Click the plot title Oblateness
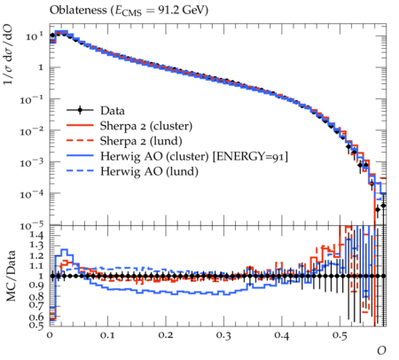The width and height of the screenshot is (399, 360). coord(78,10)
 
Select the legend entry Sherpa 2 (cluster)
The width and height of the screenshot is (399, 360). coord(146,126)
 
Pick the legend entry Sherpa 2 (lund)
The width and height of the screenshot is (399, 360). coord(141,141)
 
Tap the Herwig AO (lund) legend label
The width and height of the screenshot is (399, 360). coord(149,171)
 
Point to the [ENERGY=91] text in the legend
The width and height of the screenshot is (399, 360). coord(250,156)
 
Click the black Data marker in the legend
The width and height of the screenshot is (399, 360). coord(80,111)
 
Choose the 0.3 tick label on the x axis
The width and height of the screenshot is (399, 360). coord(223,336)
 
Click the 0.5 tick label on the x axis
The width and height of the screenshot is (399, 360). coord(340,336)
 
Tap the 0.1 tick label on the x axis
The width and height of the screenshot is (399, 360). coord(108,336)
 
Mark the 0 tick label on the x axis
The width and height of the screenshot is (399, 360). coord(50,336)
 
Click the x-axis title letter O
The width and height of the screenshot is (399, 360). coord(381,350)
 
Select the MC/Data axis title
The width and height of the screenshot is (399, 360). coord(11,276)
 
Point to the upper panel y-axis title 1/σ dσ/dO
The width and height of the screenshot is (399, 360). coord(8,53)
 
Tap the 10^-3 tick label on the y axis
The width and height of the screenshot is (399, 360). coord(33,162)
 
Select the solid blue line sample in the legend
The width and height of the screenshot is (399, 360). coord(80,156)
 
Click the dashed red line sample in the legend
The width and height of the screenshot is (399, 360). coord(80,141)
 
